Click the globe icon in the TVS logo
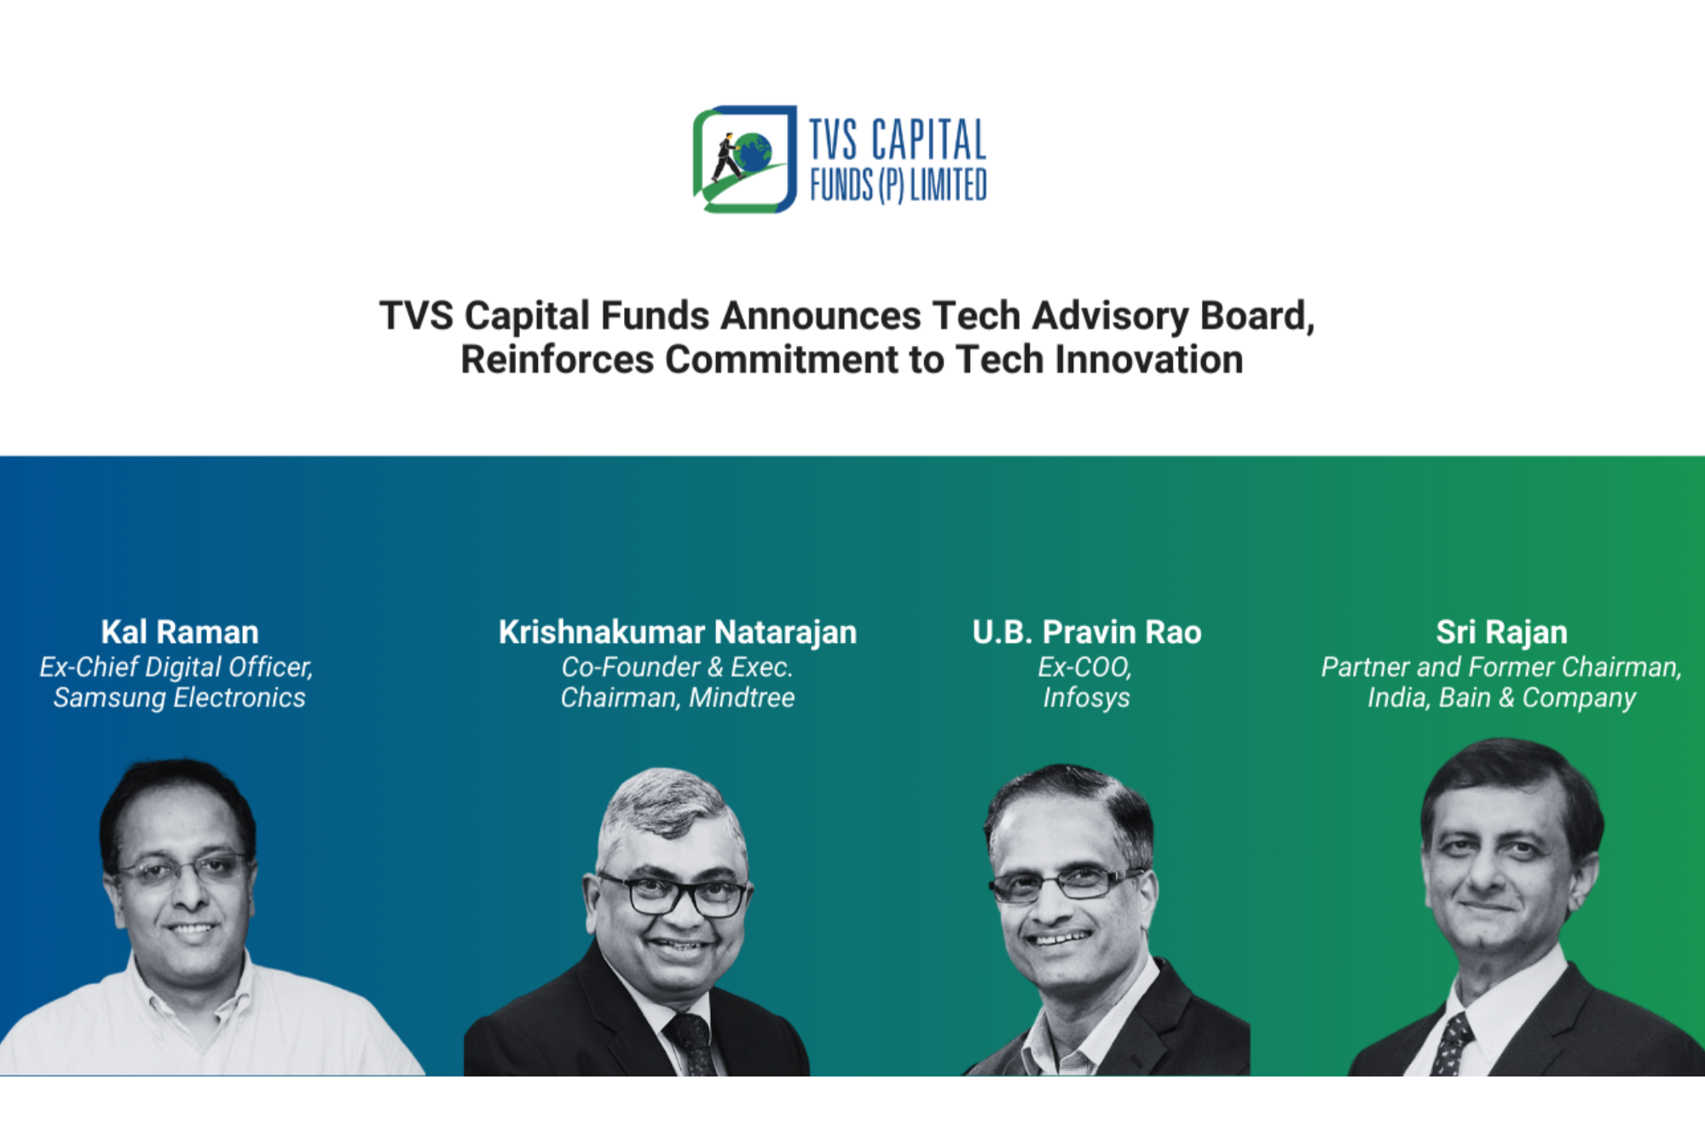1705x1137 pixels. tap(754, 152)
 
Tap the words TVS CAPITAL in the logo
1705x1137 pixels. tap(898, 140)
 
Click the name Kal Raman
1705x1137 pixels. tap(180, 632)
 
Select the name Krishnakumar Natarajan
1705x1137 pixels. tap(678, 632)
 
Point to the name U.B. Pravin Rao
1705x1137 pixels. tap(1087, 632)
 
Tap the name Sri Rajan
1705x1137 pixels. tap(1501, 632)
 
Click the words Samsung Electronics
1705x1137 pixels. tap(179, 698)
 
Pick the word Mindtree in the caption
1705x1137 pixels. tap(742, 698)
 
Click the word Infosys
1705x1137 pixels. tap(1087, 698)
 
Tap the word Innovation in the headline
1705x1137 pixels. tap(1149, 359)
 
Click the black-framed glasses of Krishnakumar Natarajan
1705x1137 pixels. tap(673, 895)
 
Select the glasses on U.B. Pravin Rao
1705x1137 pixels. tap(1065, 884)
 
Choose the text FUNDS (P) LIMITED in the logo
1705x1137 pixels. tap(898, 185)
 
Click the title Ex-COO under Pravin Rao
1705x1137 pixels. tap(1084, 667)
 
